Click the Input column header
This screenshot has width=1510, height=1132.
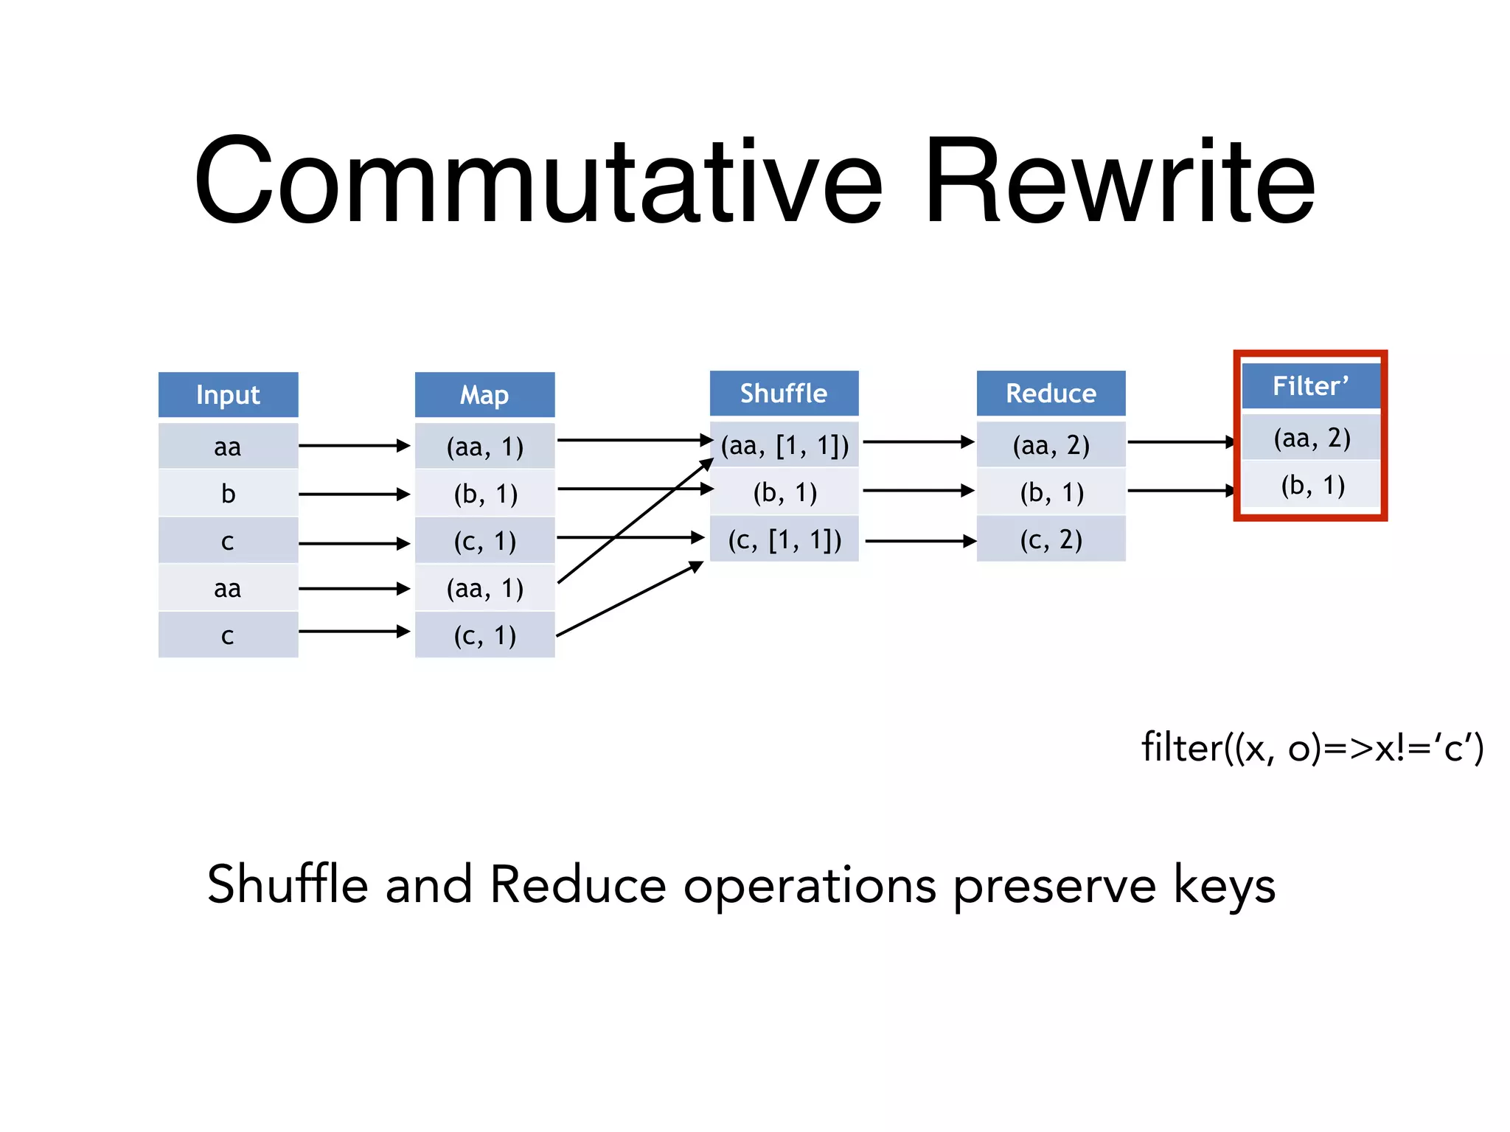(x=228, y=395)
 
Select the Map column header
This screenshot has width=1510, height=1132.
(x=484, y=395)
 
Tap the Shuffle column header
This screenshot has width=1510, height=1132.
(x=784, y=394)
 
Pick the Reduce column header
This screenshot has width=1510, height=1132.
(x=1051, y=394)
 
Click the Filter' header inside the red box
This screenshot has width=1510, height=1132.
(x=1310, y=386)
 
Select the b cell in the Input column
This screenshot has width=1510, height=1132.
(x=228, y=494)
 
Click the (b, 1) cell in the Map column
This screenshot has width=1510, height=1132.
(x=484, y=494)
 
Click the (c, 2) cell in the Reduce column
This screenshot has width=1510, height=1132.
(x=1051, y=540)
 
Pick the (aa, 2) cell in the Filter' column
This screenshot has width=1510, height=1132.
(x=1312, y=439)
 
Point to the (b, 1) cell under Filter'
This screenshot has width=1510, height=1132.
(x=1312, y=486)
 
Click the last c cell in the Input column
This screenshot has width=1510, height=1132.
(x=228, y=635)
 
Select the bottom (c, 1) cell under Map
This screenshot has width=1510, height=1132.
(x=484, y=635)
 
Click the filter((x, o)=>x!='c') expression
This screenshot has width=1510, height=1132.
(x=1312, y=748)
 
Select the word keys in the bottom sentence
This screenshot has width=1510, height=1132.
(x=1224, y=886)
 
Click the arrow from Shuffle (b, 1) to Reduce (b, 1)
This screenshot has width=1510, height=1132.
(x=918, y=490)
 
